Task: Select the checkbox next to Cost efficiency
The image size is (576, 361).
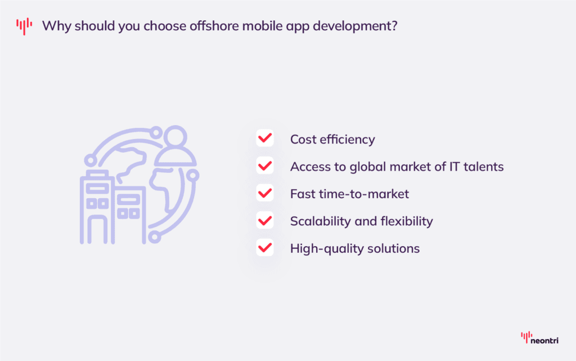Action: [x=265, y=139]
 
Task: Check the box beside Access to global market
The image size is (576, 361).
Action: [x=265, y=166]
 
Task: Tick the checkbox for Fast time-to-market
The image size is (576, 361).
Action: [x=265, y=193]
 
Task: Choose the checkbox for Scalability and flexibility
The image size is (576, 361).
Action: [x=265, y=221]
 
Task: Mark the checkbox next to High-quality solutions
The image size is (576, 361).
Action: [x=265, y=248]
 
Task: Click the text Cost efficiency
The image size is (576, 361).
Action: [x=332, y=139]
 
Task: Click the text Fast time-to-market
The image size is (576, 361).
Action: [x=349, y=194]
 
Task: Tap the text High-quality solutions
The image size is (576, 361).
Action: [x=355, y=248]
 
